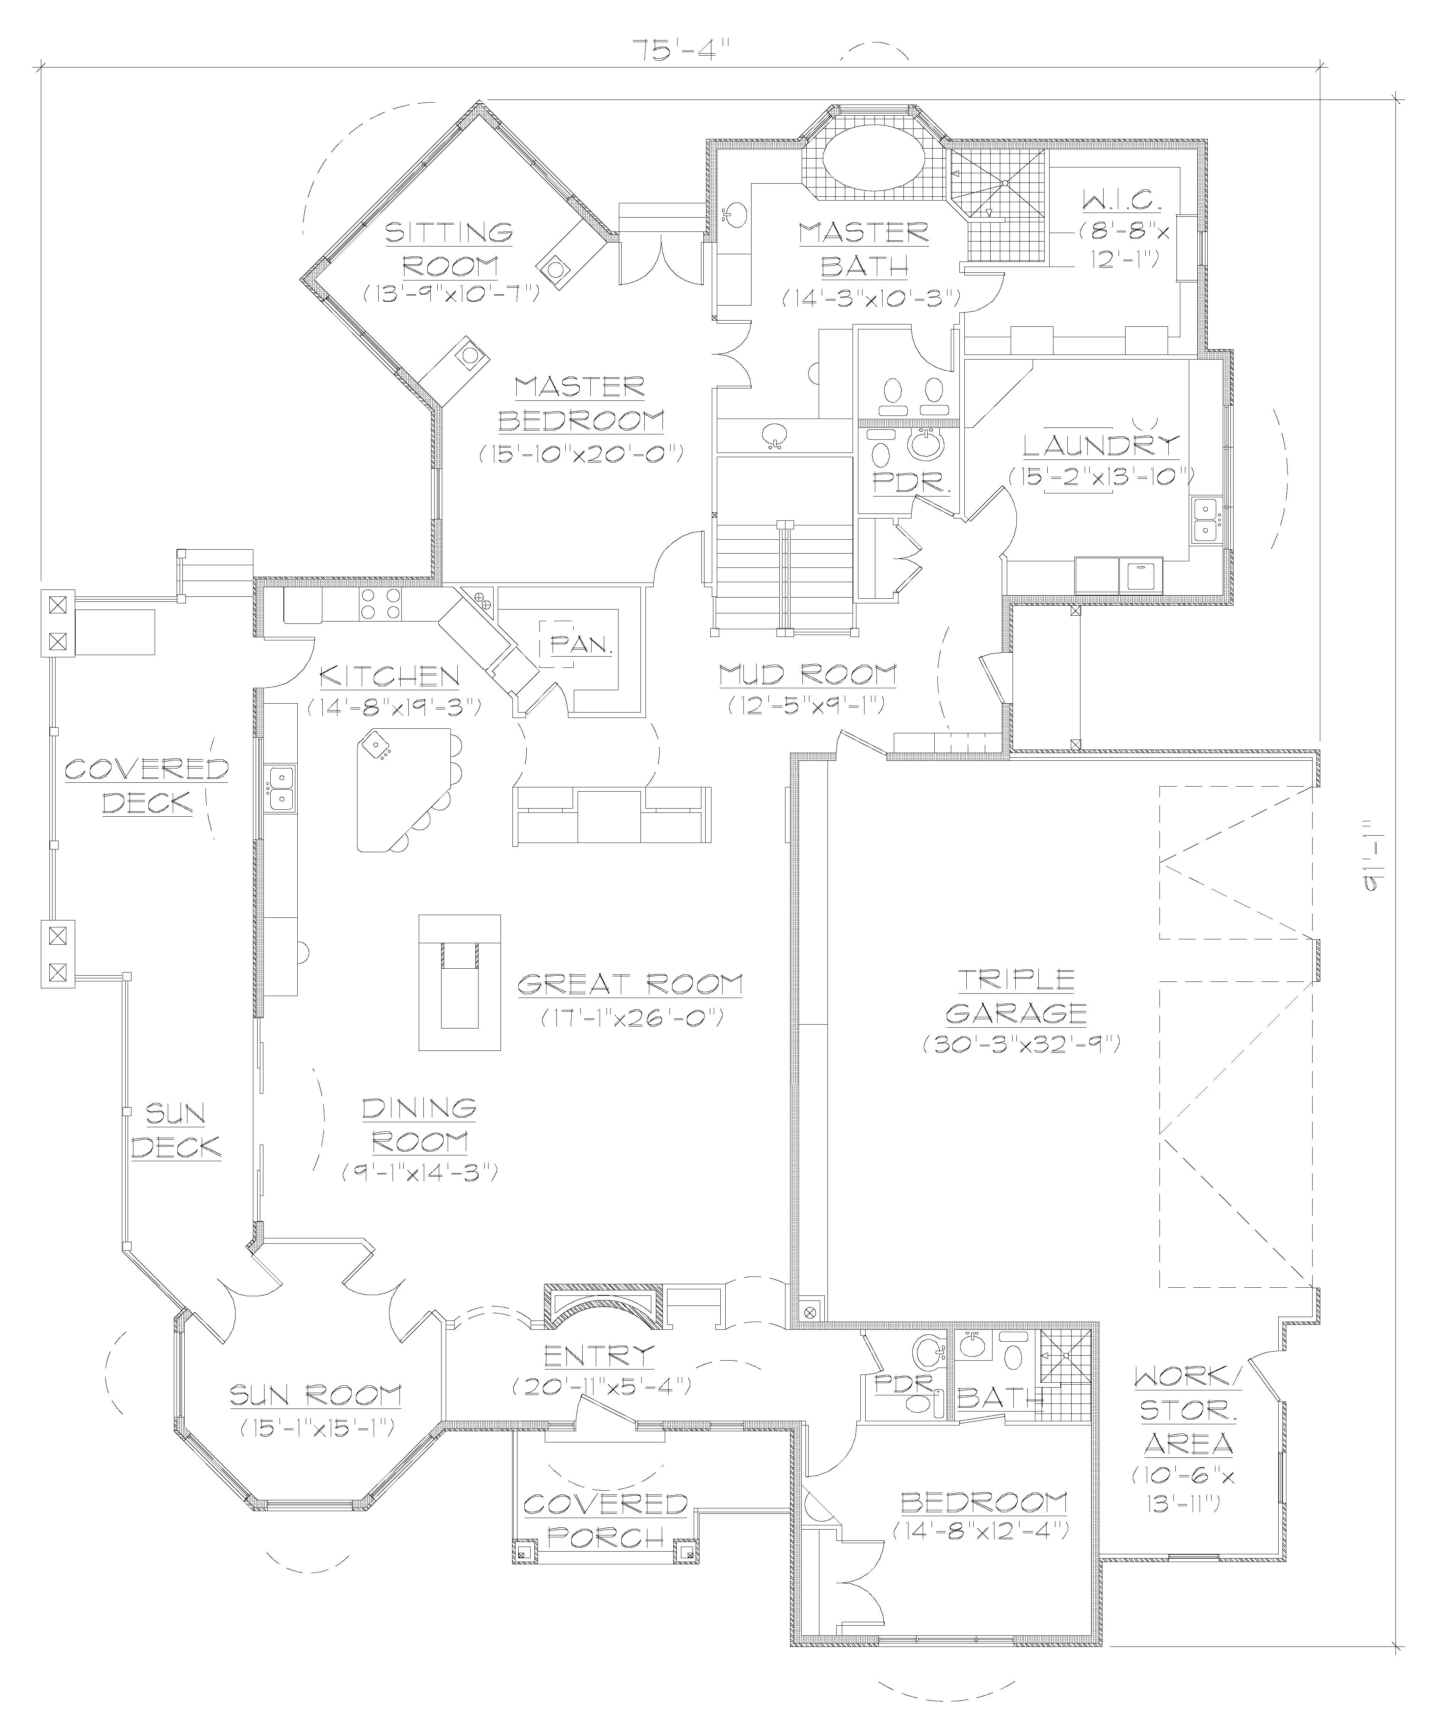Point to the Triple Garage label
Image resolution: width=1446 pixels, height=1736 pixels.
pyautogui.click(x=1016, y=996)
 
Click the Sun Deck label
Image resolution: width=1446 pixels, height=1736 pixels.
pyautogui.click(x=176, y=1130)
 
